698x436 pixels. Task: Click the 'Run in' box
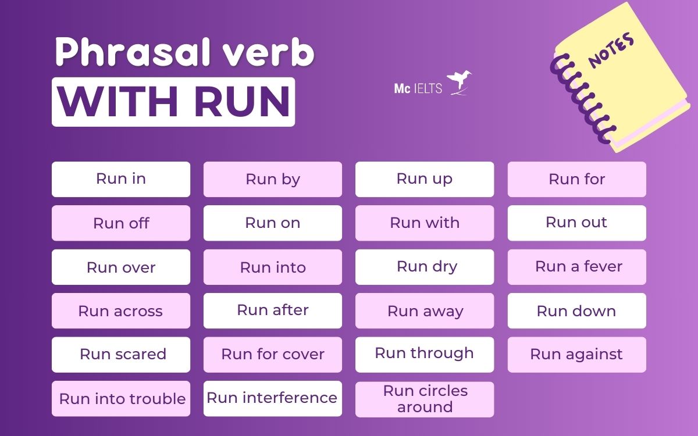121,179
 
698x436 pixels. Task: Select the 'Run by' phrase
273,179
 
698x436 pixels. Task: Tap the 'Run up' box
425,179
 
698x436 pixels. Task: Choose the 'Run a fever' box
577,267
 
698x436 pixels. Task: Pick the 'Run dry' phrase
425,267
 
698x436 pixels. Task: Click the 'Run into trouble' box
121,399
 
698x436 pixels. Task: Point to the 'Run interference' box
273,398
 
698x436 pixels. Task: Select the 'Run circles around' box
425,399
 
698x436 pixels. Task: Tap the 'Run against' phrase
577,355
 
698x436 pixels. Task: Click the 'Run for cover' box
273,355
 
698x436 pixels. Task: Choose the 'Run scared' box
121,355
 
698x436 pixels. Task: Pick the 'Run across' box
121,311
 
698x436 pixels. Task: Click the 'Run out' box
577,223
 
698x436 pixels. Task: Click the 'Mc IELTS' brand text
418,89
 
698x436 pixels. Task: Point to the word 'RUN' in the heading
242,102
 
